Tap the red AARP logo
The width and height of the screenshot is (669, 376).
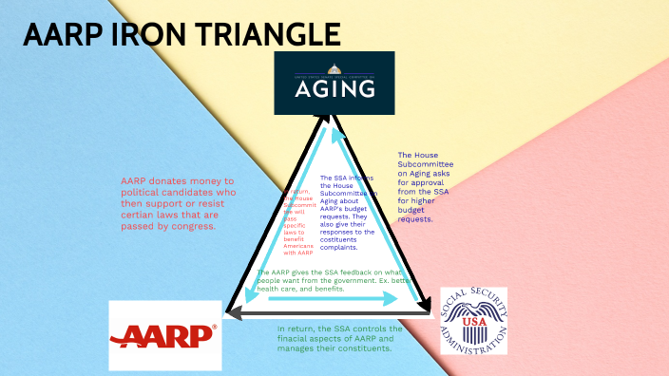(x=164, y=335)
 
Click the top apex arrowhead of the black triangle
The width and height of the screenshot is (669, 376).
(x=328, y=120)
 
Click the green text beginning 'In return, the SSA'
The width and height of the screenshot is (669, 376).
(x=346, y=338)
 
